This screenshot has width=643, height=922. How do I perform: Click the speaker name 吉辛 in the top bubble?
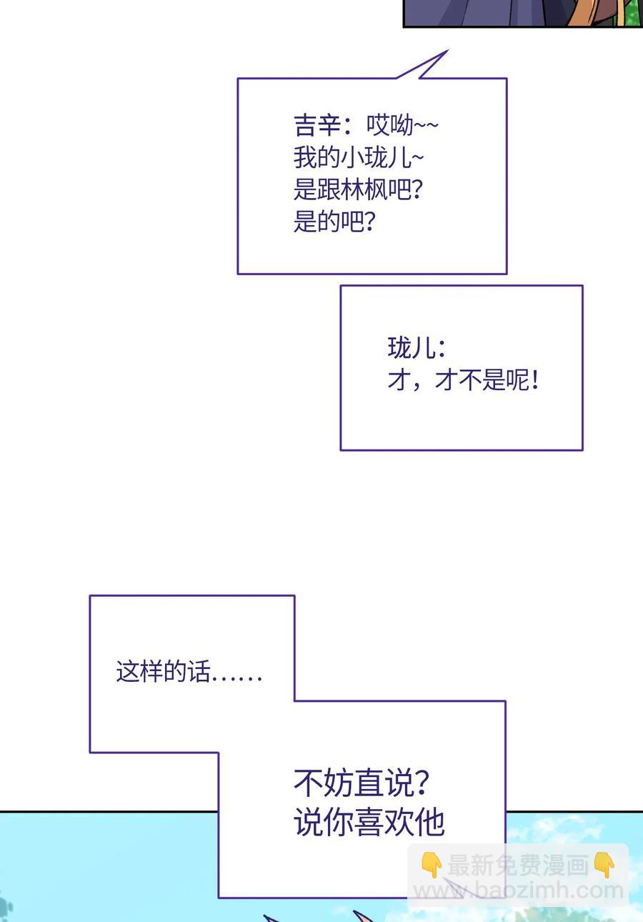click(x=315, y=126)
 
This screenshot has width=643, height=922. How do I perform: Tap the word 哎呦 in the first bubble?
click(x=390, y=126)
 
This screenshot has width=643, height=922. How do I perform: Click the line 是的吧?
click(x=334, y=222)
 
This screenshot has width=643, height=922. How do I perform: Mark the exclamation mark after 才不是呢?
click(x=535, y=380)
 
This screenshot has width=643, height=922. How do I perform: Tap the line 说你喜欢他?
click(x=369, y=822)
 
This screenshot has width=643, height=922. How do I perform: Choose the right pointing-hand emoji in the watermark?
click(x=604, y=866)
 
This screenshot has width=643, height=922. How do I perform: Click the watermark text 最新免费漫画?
click(x=517, y=866)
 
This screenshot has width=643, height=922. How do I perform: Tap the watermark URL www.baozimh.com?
click(x=519, y=891)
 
